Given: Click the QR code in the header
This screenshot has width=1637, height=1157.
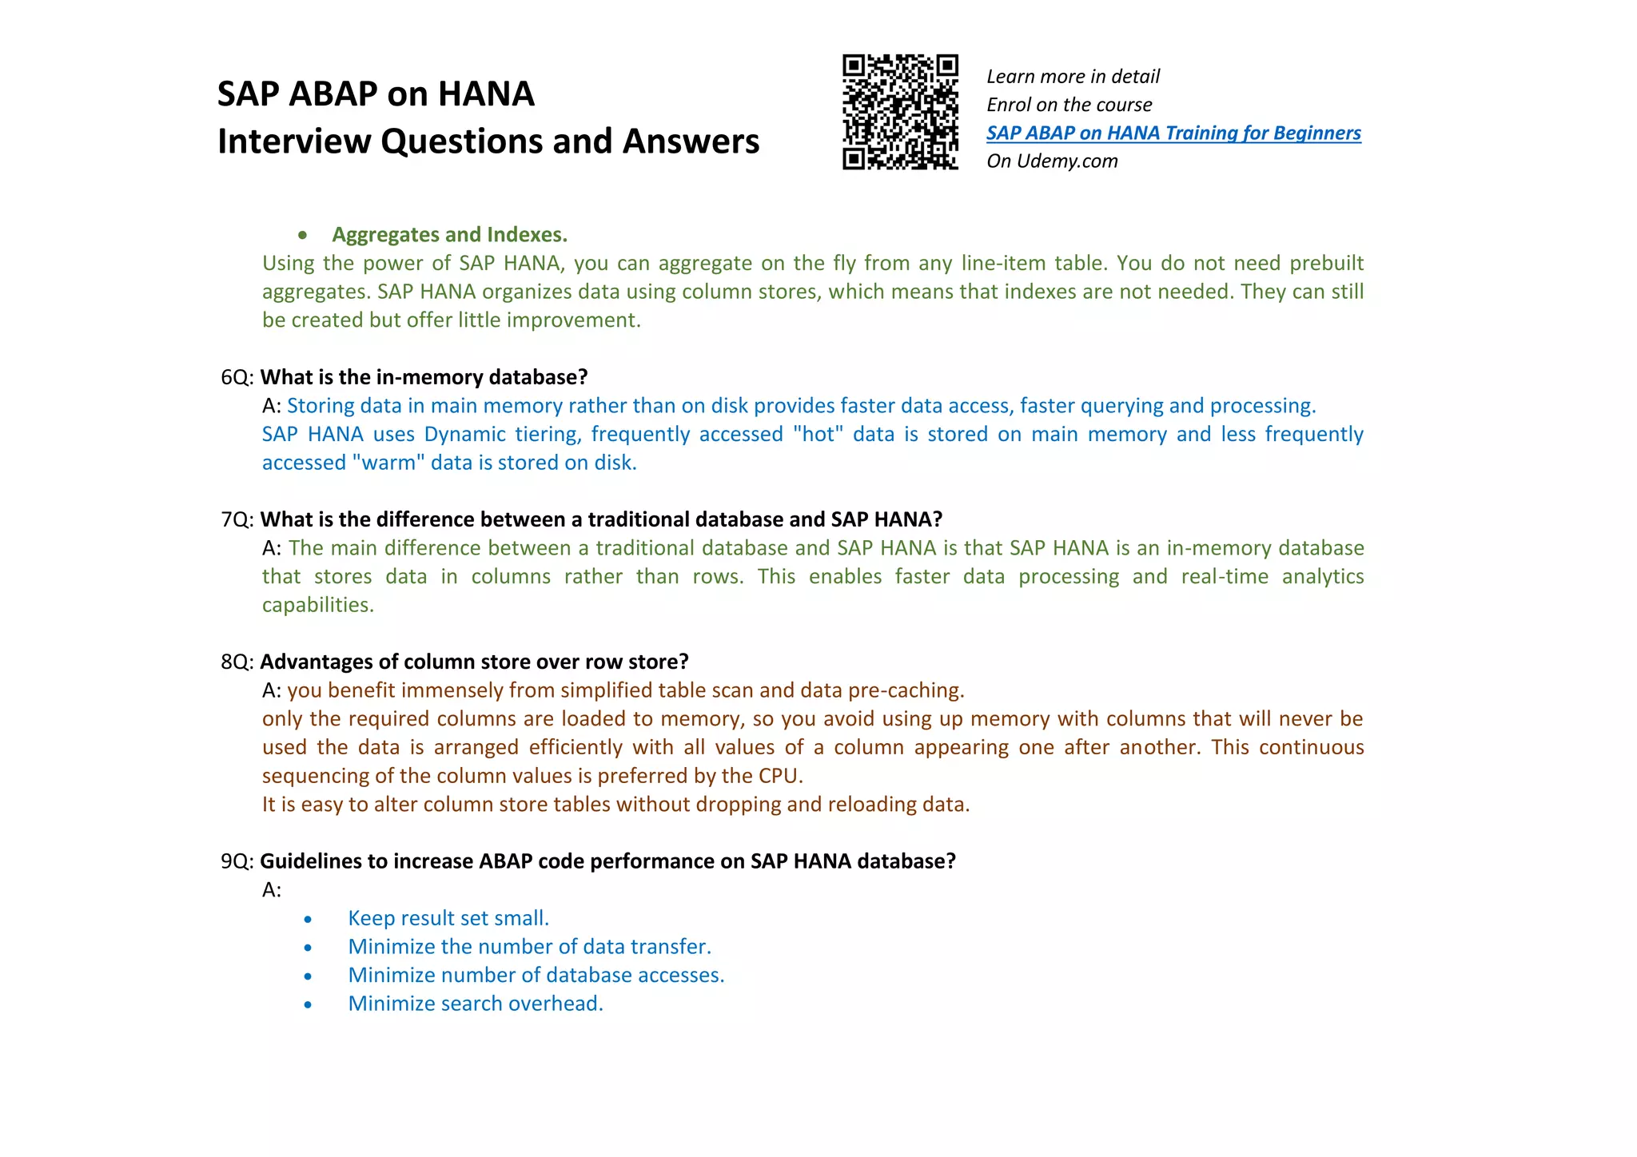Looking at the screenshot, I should (900, 112).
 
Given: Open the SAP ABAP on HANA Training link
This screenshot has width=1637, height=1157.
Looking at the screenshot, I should (1173, 133).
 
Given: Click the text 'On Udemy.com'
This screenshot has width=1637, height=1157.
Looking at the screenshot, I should (1052, 161).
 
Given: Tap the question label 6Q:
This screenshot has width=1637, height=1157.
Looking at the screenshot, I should (237, 377).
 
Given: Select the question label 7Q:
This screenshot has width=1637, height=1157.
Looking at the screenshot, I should (237, 519).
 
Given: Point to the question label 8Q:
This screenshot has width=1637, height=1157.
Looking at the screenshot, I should (237, 662).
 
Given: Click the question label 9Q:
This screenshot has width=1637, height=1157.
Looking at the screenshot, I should (237, 861).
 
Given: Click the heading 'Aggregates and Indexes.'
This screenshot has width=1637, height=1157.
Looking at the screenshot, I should (449, 235).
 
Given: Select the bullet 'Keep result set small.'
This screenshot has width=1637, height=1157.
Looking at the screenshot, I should (448, 918).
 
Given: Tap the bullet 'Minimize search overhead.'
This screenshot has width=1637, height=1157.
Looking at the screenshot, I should (475, 1004).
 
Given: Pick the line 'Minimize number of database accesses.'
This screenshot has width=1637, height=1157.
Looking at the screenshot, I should (536, 975).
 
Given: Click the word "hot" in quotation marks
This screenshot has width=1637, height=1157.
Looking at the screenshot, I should (818, 434).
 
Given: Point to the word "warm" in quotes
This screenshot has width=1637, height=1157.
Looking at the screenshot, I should (388, 463).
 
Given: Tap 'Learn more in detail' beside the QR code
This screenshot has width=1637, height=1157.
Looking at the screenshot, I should (1073, 77).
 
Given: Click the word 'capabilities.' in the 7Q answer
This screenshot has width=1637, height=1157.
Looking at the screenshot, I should (317, 605).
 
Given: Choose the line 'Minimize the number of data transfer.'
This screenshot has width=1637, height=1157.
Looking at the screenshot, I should (529, 947).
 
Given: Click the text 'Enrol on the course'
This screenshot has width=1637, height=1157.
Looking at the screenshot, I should (1069, 105).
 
